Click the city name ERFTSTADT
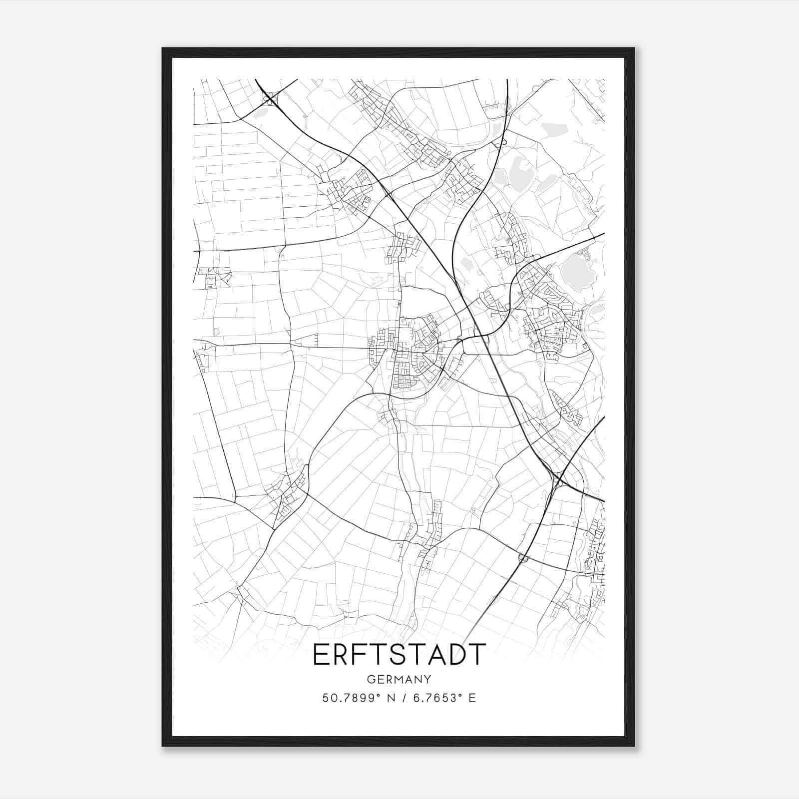399,655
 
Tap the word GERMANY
399,680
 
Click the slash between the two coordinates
402,698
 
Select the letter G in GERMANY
371,680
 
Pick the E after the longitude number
472,698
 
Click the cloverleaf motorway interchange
270,98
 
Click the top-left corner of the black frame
163,48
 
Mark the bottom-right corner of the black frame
634,746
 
